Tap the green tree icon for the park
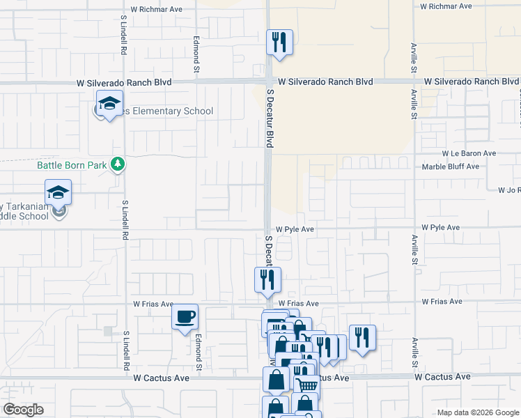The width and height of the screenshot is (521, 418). tap(119, 164)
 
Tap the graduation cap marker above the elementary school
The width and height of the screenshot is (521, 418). tap(109, 104)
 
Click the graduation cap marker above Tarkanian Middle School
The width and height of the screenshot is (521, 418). tap(59, 192)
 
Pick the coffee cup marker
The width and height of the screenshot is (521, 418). tap(185, 317)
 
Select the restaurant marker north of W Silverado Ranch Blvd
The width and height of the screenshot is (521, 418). tap(279, 42)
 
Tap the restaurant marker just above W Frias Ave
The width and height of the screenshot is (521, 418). tap(268, 280)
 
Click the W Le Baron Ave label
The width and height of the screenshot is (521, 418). tap(468, 153)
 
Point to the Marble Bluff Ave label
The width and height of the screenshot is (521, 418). tap(451, 167)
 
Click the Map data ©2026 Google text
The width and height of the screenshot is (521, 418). tap(477, 412)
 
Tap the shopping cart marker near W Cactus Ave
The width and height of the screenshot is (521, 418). tap(307, 385)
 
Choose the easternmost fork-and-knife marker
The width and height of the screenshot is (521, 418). tap(362, 338)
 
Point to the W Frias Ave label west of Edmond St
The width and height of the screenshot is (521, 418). tap(153, 304)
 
